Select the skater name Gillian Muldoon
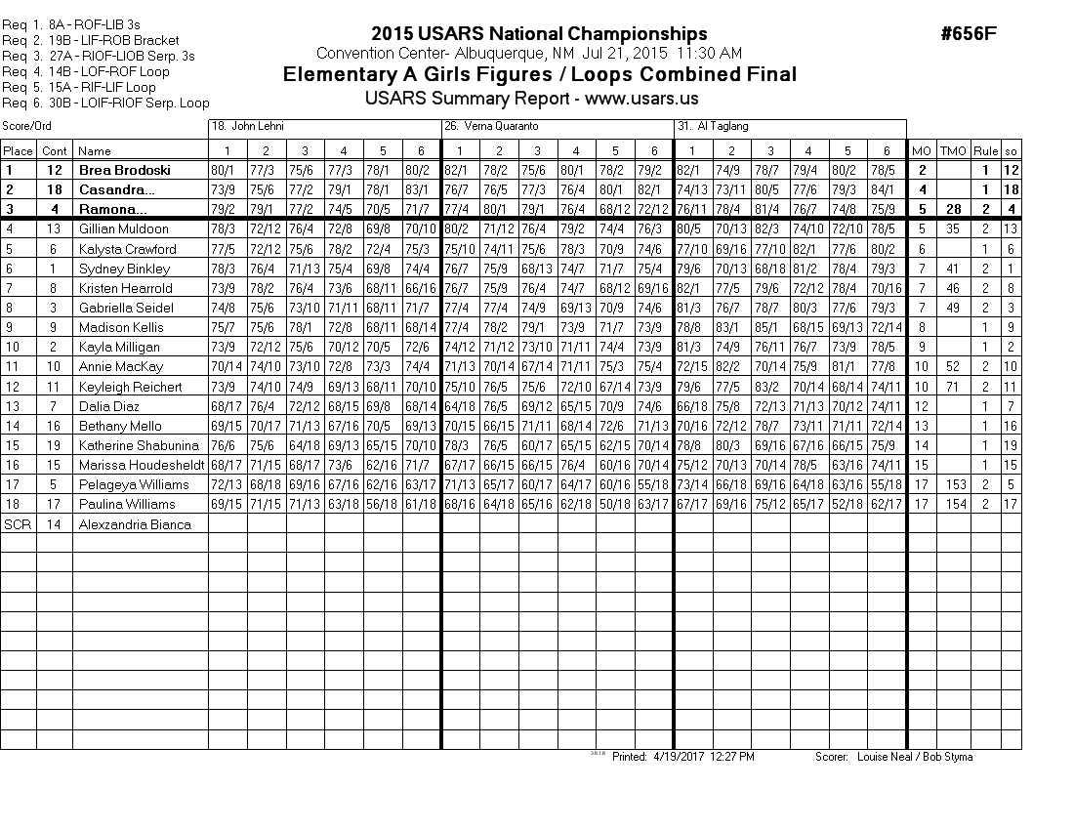[123, 228]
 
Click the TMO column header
[952, 150]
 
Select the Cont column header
[55, 150]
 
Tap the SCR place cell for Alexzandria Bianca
[18, 523]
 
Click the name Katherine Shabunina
[139, 445]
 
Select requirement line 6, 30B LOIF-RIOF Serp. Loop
[105, 103]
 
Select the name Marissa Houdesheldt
[141, 465]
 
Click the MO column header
[921, 150]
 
